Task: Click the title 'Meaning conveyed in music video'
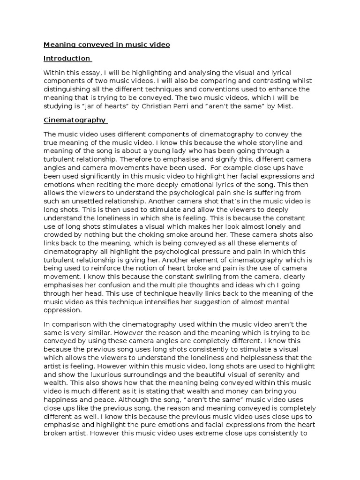(x=106, y=45)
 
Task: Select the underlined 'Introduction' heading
(x=67, y=59)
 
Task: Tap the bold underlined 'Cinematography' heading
(x=75, y=120)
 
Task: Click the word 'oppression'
(x=62, y=310)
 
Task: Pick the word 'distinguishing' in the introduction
(x=67, y=89)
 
